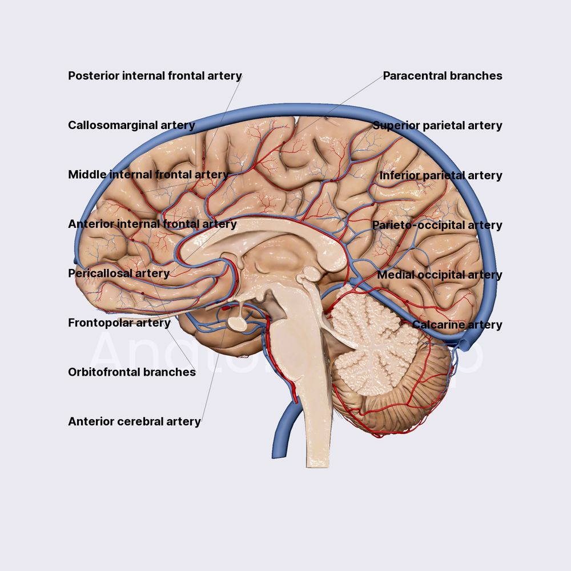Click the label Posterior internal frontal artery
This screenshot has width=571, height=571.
tap(155, 76)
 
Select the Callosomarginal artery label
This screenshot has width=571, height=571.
tap(131, 125)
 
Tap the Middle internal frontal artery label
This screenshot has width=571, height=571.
tap(148, 174)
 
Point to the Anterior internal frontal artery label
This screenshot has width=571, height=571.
tap(152, 224)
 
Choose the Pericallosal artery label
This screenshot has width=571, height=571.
tap(119, 273)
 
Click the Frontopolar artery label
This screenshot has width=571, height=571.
tap(119, 323)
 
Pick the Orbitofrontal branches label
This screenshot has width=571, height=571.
tap(132, 372)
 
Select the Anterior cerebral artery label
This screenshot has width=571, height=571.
tap(134, 421)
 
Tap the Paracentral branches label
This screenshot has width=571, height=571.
tap(443, 76)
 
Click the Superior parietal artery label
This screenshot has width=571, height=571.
tap(437, 125)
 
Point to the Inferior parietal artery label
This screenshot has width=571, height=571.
tap(441, 175)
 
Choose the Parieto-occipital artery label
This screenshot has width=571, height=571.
tap(437, 225)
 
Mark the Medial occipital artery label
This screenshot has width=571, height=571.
tap(440, 275)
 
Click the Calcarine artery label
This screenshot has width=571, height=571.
tap(457, 324)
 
